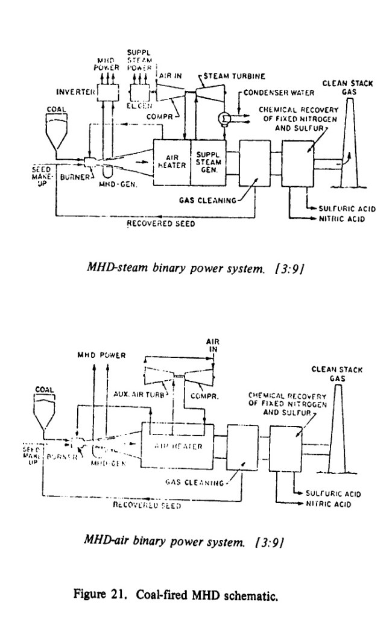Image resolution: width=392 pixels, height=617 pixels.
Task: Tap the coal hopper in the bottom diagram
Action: pos(47,409)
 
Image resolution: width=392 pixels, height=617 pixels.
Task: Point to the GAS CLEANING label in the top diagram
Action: pos(209,200)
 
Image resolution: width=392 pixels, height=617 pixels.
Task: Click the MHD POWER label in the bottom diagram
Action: pos(101,355)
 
